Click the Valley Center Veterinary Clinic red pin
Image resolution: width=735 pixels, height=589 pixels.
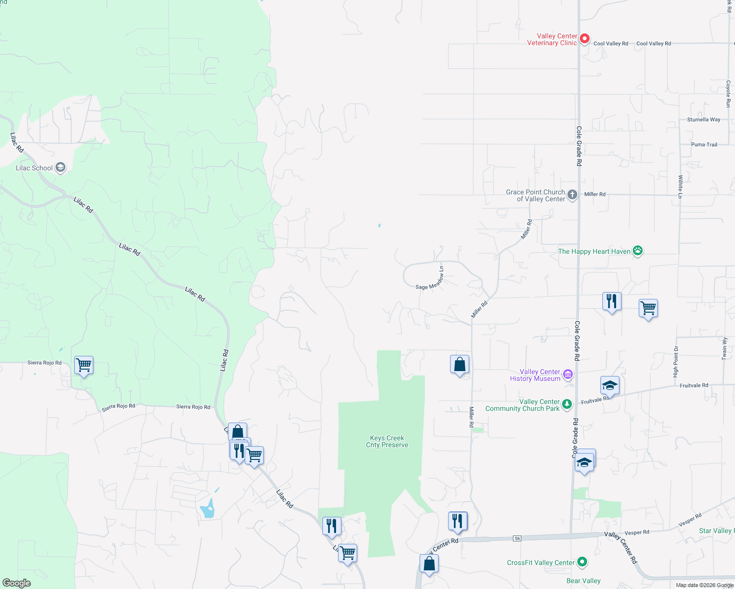pyautogui.click(x=584, y=38)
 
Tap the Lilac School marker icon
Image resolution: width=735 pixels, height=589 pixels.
pyautogui.click(x=60, y=168)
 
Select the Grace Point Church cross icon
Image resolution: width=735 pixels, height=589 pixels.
pyautogui.click(x=572, y=195)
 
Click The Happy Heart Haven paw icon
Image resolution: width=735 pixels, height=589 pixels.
pyautogui.click(x=638, y=251)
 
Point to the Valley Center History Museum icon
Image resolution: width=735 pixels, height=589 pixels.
pyautogui.click(x=567, y=375)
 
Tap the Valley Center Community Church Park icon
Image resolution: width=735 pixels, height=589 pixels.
pyautogui.click(x=567, y=404)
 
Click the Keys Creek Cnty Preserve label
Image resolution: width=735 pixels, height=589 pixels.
pyautogui.click(x=387, y=441)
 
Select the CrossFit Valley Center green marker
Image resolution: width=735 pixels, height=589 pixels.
pyautogui.click(x=582, y=562)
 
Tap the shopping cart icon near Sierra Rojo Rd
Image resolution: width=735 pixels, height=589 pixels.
pyautogui.click(x=84, y=365)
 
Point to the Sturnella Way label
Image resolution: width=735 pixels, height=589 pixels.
pyautogui.click(x=704, y=119)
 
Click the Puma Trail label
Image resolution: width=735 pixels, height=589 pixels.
pyautogui.click(x=704, y=144)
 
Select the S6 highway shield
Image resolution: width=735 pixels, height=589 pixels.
pyautogui.click(x=517, y=538)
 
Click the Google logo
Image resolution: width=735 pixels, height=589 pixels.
pyautogui.click(x=16, y=583)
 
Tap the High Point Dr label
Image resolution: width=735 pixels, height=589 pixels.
pyautogui.click(x=676, y=362)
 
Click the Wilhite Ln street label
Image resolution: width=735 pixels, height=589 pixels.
pyautogui.click(x=680, y=187)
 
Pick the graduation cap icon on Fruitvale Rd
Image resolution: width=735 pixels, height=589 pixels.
pyautogui.click(x=610, y=385)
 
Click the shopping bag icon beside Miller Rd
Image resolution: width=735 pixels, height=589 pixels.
pyautogui.click(x=459, y=365)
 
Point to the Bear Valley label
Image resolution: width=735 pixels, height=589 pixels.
pyautogui.click(x=583, y=581)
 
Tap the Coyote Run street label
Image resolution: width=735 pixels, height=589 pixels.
pyautogui.click(x=729, y=94)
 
